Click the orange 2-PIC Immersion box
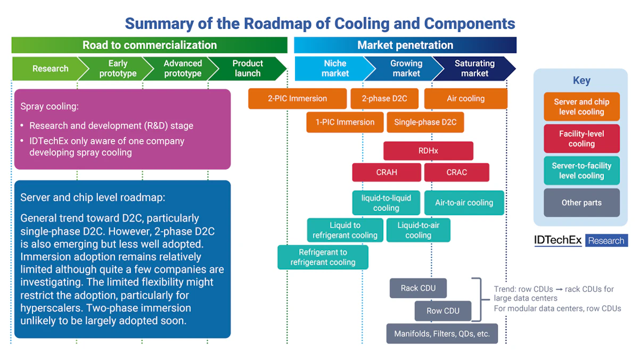(x=297, y=99)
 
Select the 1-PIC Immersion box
(x=345, y=122)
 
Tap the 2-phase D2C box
(x=384, y=99)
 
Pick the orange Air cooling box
(x=465, y=99)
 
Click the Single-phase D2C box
(x=425, y=122)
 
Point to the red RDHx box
(x=428, y=151)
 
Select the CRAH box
(x=386, y=173)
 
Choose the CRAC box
(x=456, y=173)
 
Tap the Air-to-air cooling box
(x=464, y=203)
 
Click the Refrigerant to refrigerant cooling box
(x=323, y=257)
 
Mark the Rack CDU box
(x=418, y=288)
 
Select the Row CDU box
(x=443, y=311)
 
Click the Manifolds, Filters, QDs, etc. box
(x=442, y=334)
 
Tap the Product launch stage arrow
(x=248, y=69)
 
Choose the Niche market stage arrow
(x=334, y=69)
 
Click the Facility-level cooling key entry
(x=581, y=139)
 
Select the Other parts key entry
(x=581, y=203)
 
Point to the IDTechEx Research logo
(x=580, y=241)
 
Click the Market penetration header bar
(x=405, y=45)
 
